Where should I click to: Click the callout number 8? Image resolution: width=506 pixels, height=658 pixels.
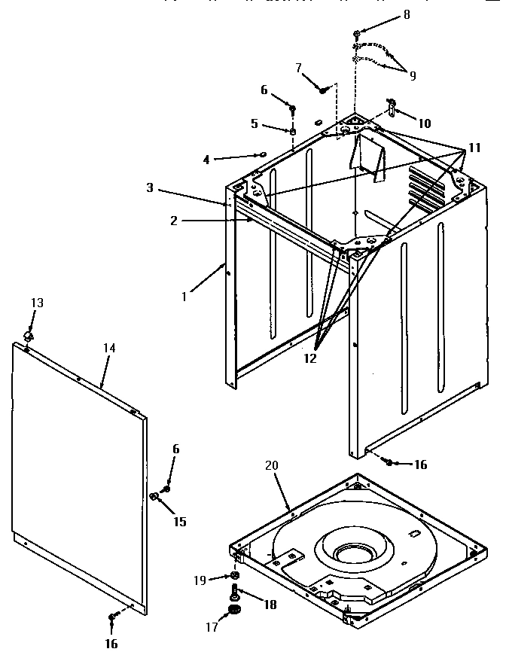pyautogui.click(x=407, y=14)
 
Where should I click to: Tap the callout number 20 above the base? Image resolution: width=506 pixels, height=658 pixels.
pyautogui.click(x=271, y=466)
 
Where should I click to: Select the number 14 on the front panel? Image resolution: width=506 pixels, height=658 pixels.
pyautogui.click(x=110, y=348)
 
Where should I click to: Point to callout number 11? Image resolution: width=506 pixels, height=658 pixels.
pyautogui.click(x=474, y=148)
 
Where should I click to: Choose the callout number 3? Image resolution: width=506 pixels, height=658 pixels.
pyautogui.click(x=151, y=187)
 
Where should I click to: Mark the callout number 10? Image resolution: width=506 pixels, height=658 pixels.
pyautogui.click(x=425, y=123)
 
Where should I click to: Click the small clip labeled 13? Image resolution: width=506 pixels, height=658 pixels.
pyautogui.click(x=30, y=333)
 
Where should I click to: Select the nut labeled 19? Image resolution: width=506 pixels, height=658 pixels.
pyautogui.click(x=235, y=577)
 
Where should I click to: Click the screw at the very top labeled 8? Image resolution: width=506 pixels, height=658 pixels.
pyautogui.click(x=357, y=34)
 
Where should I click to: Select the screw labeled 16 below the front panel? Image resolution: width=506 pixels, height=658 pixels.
pyautogui.click(x=111, y=617)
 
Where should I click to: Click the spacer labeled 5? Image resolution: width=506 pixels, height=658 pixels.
pyautogui.click(x=292, y=133)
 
